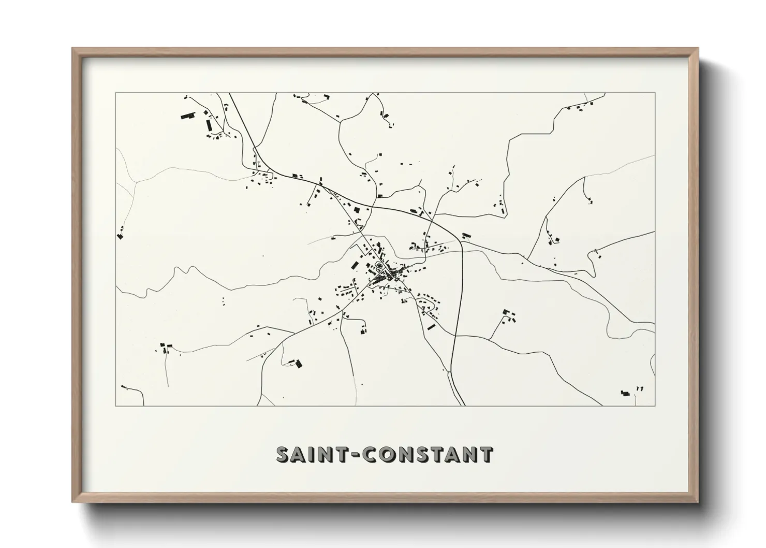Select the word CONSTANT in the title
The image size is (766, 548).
[x=427, y=455]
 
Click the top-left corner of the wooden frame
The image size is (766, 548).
[x=73, y=49]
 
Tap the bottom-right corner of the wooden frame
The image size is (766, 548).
[x=697, y=502]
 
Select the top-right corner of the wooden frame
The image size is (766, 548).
[x=697, y=49]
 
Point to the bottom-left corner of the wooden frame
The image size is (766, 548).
[x=73, y=502]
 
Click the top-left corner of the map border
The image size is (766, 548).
[x=115, y=93]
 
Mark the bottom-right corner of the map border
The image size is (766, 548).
[x=655, y=406]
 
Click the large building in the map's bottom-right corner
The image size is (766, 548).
[x=625, y=394]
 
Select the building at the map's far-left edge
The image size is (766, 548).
[x=120, y=236]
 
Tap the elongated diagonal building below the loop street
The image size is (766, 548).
[x=431, y=326]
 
